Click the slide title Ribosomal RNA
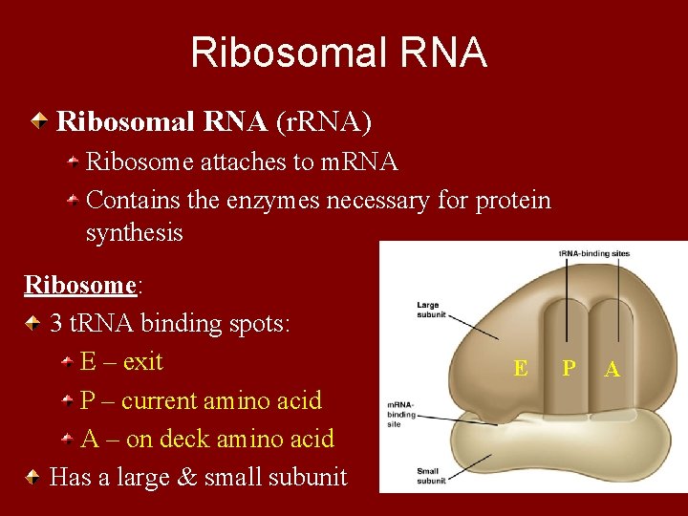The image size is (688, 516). [x=338, y=53]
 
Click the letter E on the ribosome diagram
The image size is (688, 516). [x=520, y=368]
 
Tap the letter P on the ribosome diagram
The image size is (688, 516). [x=569, y=368]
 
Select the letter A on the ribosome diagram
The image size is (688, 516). [x=613, y=369]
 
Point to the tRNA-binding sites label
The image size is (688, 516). [x=594, y=253]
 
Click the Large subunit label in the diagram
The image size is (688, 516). [x=427, y=308]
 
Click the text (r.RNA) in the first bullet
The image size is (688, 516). [x=324, y=121]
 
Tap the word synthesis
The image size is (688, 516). [x=134, y=233]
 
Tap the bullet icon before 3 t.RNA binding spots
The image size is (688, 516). [x=34, y=324]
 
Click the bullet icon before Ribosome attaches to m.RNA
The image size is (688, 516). [x=73, y=163]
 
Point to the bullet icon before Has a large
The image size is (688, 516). [x=34, y=477]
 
